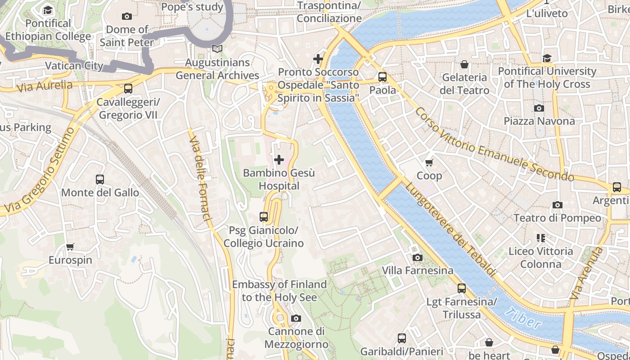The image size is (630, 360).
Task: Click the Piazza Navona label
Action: coord(539,121)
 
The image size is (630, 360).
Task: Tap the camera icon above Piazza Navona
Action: coord(539,108)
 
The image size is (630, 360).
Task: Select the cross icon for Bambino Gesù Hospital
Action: coord(279,160)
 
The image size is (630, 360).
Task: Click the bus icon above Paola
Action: coord(382,77)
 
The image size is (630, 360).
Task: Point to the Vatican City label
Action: coord(74,66)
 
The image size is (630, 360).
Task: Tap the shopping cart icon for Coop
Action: coord(429,162)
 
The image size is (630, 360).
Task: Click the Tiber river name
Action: coord(523,319)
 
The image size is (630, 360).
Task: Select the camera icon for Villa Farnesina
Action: coord(418,257)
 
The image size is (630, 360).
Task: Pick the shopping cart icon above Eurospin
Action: coord(70,247)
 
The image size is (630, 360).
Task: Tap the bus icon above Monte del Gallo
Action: coord(100,180)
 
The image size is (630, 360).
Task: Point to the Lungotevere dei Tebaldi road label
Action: coord(450,229)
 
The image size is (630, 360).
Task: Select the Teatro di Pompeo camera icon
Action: coord(557,205)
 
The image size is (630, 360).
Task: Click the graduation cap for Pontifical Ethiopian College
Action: coord(48,10)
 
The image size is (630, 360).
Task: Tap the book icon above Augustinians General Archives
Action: coord(217,49)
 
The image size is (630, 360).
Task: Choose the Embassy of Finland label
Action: coord(279,291)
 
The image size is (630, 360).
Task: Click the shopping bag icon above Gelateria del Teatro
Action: coord(464,64)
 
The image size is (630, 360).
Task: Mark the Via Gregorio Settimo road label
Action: coord(38,171)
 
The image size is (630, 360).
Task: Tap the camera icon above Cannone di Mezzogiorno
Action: coord(296,319)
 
